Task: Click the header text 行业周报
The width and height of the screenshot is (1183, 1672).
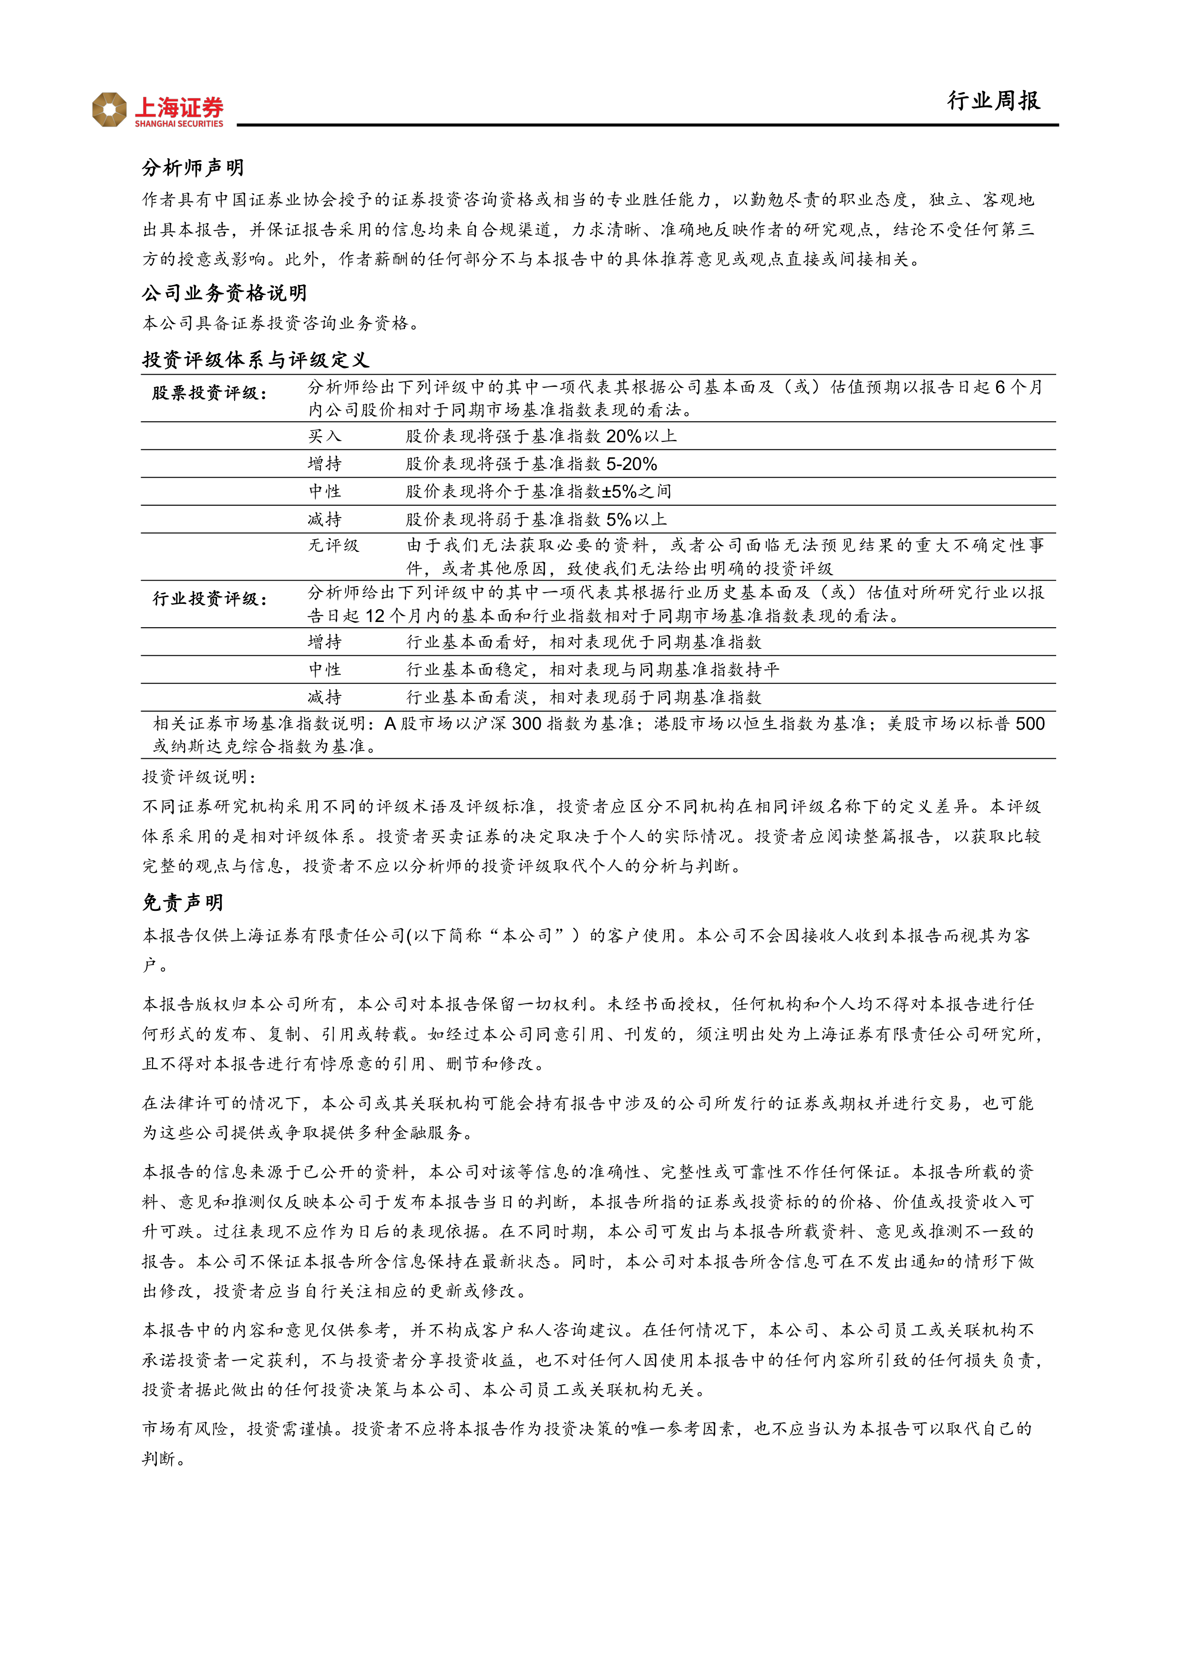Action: pyautogui.click(x=993, y=101)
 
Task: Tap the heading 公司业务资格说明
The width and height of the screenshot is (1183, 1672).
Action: pyautogui.click(x=225, y=294)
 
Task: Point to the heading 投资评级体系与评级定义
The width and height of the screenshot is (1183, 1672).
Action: pyautogui.click(x=256, y=360)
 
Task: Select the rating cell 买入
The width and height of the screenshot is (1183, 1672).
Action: pyautogui.click(x=324, y=436)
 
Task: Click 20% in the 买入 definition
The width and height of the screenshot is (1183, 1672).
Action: pyautogui.click(x=624, y=436)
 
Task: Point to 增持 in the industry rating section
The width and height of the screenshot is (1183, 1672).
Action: pyautogui.click(x=324, y=642)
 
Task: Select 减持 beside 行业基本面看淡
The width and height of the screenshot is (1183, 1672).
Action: pyautogui.click(x=324, y=698)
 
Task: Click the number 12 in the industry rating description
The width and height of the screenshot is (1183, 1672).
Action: pyautogui.click(x=374, y=616)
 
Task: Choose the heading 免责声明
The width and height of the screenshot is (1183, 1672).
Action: pyautogui.click(x=183, y=903)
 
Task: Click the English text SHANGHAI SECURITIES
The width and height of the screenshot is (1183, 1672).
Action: pyautogui.click(x=179, y=124)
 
